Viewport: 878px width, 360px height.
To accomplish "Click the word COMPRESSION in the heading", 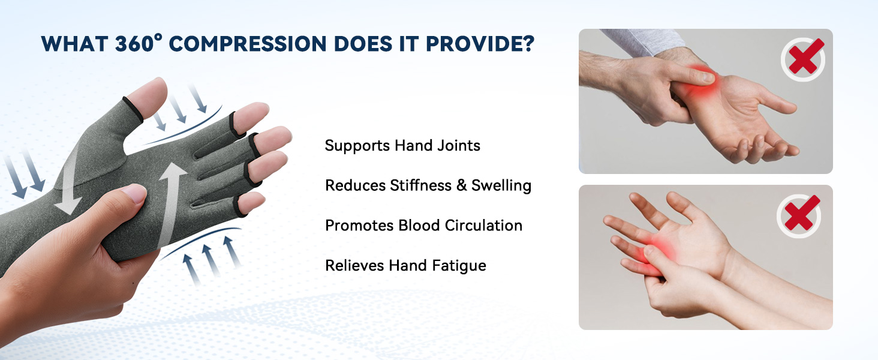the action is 248,44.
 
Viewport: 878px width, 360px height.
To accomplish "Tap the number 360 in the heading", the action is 134,44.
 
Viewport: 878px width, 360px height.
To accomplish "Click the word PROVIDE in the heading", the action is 473,44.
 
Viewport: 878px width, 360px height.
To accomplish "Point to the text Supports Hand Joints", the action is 402,145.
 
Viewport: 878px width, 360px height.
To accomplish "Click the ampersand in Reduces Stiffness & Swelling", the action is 461,185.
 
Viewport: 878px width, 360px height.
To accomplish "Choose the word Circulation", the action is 483,226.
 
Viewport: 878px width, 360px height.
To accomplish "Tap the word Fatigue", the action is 459,266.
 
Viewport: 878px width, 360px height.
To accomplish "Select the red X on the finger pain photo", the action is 799,214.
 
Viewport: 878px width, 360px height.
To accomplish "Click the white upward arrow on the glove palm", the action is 171,204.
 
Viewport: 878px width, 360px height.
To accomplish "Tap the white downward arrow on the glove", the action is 70,184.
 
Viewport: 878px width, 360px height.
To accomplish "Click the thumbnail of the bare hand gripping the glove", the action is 134,193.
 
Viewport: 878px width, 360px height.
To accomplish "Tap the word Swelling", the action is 501,185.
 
